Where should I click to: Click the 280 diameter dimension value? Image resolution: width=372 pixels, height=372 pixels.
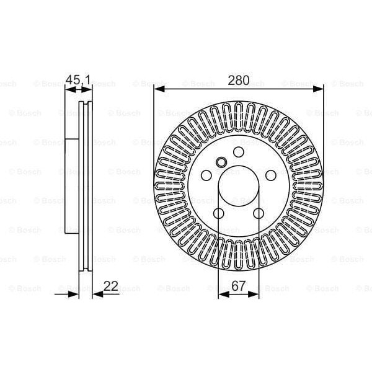239,80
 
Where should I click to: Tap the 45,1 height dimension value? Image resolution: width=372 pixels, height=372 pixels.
78,80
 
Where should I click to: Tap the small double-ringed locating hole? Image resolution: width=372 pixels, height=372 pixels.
221,163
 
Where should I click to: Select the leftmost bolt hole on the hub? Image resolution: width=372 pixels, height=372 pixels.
206,176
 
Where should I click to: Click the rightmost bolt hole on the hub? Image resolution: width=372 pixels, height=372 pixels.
271,176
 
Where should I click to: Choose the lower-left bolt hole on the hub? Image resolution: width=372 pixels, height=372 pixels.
219,214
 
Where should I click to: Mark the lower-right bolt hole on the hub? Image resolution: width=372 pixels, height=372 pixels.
259,214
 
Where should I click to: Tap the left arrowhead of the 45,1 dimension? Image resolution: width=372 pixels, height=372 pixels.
69,89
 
